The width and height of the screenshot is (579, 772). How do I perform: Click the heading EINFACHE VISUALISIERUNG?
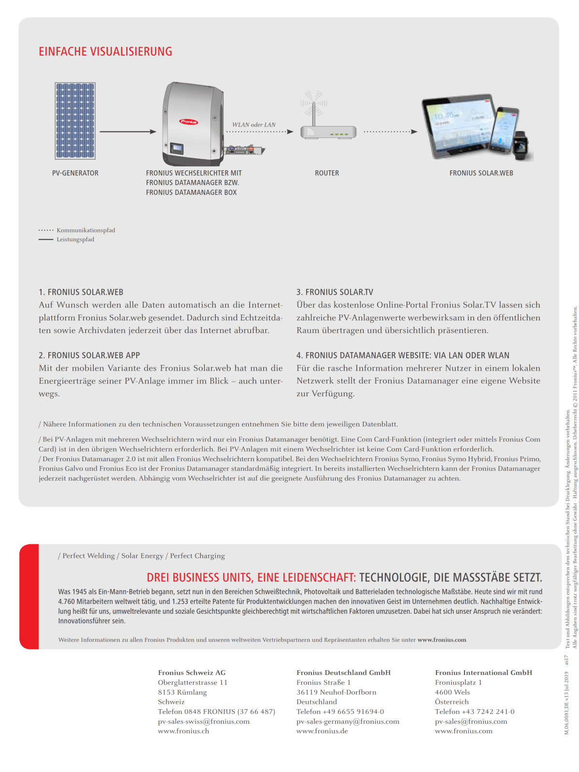point(105,52)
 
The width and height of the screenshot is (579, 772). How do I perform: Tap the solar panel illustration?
point(75,121)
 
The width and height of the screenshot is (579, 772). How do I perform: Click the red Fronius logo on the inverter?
point(189,122)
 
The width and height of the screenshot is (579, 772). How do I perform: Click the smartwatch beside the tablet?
point(520,144)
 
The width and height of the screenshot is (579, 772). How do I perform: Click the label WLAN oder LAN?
point(254,124)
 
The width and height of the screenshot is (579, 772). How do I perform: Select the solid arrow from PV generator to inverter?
point(127,131)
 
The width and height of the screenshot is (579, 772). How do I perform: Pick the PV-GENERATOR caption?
point(75,173)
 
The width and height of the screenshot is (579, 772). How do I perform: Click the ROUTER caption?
point(327,173)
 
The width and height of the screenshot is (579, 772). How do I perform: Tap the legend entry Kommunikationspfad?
point(85,230)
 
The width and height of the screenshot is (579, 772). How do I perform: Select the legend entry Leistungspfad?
point(75,239)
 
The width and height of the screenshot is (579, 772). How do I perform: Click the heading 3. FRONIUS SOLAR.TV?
point(335,292)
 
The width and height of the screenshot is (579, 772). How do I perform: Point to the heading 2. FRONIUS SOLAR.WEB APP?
point(89,355)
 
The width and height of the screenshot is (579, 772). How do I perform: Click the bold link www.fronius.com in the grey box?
point(442,640)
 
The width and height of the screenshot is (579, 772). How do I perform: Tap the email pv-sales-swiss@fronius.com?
point(204,721)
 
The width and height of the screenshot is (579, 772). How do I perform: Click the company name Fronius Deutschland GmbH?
point(343,673)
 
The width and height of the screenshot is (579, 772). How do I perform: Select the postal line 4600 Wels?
point(452,692)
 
